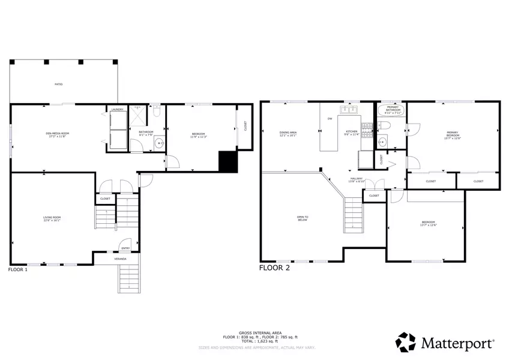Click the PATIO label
[59, 84]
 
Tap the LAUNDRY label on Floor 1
[118, 109]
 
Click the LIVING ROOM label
[52, 218]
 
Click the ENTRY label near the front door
[125, 248]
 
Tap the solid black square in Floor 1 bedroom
[227, 161]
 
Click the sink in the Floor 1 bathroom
[158, 143]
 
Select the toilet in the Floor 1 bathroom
[156, 111]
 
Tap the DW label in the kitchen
[330, 119]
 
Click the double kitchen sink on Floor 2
[349, 109]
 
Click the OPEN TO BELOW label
[303, 218]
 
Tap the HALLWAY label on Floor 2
[357, 179]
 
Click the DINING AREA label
[288, 134]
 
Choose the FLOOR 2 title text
[274, 268]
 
